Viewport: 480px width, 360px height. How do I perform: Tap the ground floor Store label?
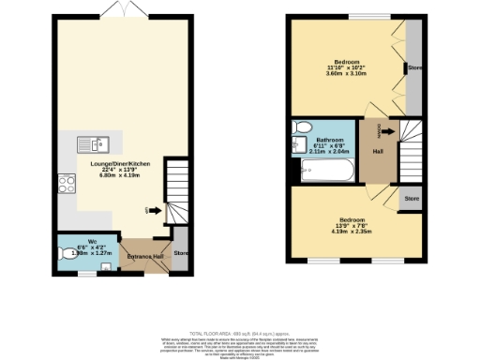pos(181,252)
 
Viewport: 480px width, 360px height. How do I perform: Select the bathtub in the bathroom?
pos(325,171)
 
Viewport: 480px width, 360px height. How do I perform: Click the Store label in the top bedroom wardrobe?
pos(412,67)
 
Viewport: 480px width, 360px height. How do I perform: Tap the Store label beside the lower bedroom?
pos(410,199)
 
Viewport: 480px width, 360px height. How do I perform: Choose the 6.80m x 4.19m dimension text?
pos(114,175)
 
